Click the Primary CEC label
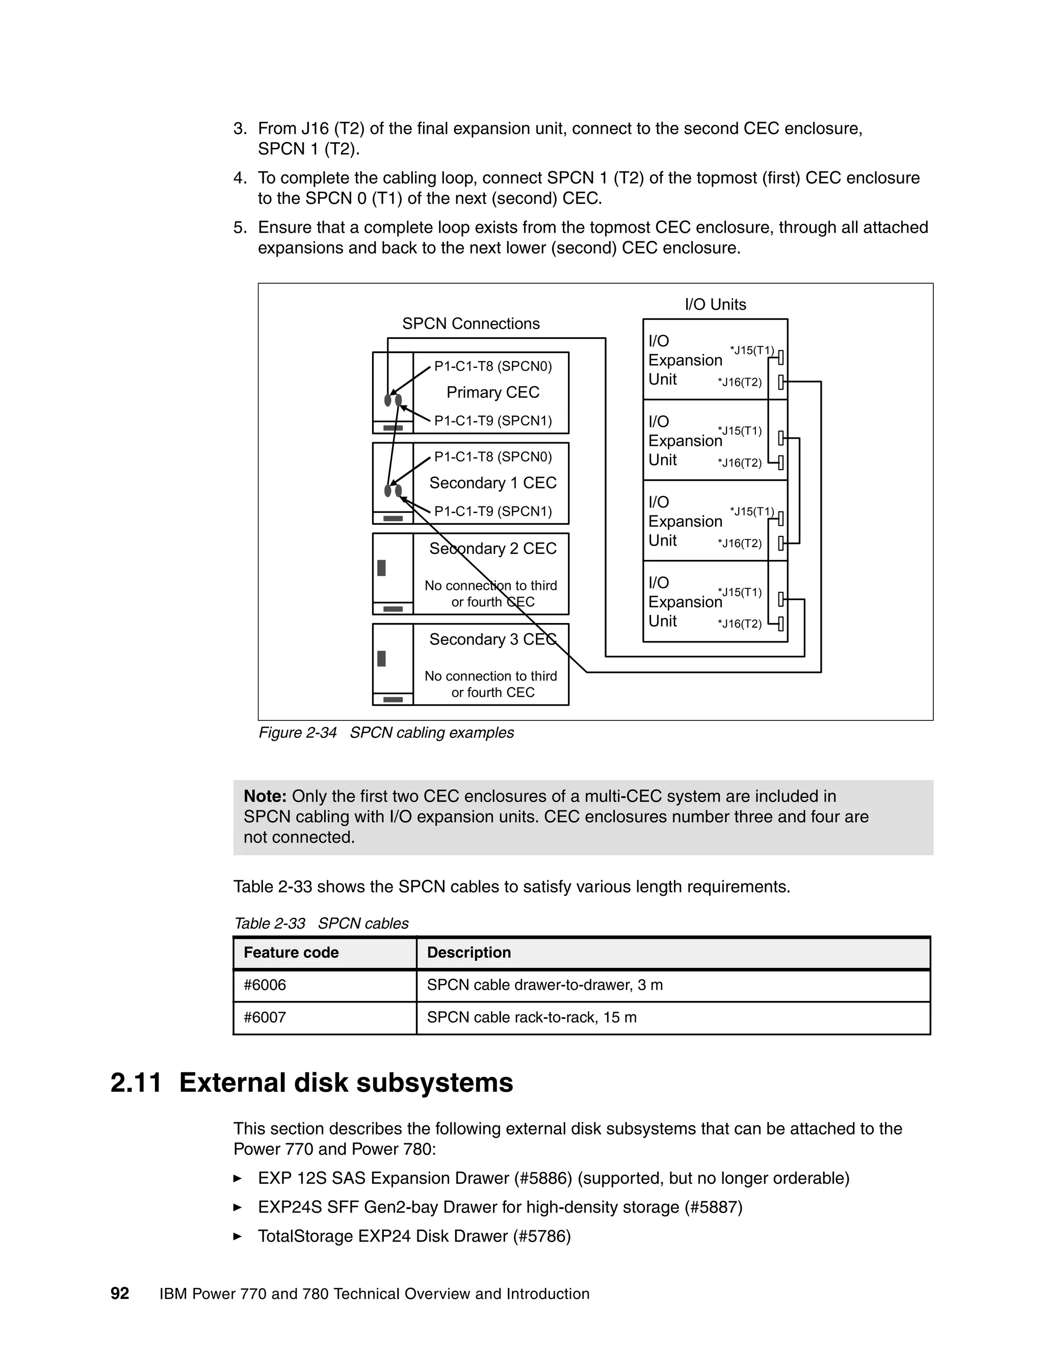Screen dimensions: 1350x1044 click(x=492, y=392)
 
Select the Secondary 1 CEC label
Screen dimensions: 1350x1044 click(x=492, y=483)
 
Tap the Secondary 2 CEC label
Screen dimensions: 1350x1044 click(x=492, y=548)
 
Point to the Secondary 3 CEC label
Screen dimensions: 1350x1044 click(x=492, y=639)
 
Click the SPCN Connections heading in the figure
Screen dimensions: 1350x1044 click(x=471, y=323)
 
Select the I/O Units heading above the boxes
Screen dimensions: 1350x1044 click(x=715, y=304)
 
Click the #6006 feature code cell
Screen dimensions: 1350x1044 click(x=265, y=985)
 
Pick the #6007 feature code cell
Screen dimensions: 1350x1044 click(x=265, y=1017)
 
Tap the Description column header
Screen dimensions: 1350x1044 click(x=469, y=953)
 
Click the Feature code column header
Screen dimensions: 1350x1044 click(x=291, y=953)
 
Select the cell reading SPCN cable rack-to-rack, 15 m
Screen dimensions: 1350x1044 click(x=531, y=1017)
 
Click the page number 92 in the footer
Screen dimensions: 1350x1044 click(x=119, y=1294)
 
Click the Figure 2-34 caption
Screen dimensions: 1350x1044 click(x=386, y=733)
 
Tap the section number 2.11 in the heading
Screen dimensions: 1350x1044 click(x=136, y=1083)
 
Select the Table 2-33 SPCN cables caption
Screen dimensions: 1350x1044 click(x=321, y=924)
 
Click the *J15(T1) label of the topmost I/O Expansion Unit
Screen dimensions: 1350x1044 click(x=751, y=350)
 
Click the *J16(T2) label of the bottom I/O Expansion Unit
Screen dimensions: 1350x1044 click(x=739, y=624)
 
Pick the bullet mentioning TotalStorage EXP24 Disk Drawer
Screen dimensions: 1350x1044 click(x=414, y=1236)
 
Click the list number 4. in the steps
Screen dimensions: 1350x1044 click(x=240, y=178)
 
